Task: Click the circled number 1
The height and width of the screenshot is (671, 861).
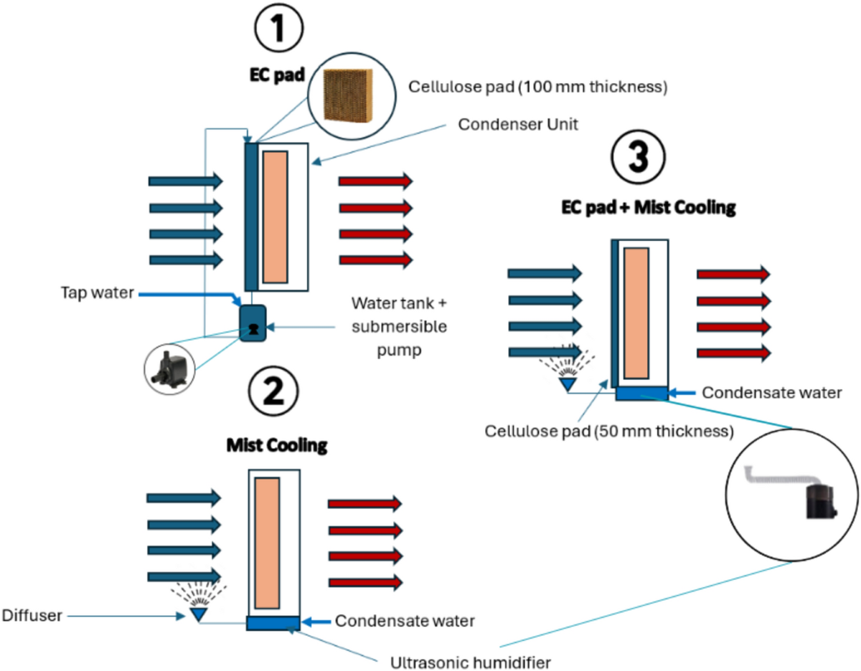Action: point(278,28)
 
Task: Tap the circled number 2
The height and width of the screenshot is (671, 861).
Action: point(273,391)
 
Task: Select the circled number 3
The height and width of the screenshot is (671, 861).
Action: point(638,157)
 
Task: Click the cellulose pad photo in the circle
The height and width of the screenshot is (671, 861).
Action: point(348,96)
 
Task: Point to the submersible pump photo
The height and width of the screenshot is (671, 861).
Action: point(170,369)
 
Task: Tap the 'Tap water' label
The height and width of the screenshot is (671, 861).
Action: point(98,293)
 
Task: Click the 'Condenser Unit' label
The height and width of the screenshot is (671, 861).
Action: point(518,124)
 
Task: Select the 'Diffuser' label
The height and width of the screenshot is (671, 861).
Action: point(32,616)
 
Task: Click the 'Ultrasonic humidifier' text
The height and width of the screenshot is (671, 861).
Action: point(470,662)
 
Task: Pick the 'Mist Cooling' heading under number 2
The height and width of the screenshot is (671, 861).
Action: point(277,445)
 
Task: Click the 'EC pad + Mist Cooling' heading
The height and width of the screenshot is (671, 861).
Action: point(649,207)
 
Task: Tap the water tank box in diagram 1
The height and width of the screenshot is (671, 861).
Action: point(253,323)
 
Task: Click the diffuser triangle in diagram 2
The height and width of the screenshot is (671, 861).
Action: point(198,614)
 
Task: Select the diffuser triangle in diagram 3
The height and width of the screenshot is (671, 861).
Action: point(568,384)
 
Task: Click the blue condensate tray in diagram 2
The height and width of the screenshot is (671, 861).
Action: point(273,623)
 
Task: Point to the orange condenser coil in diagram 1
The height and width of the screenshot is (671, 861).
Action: point(276,217)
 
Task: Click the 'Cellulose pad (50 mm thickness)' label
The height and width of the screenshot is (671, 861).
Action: point(609,431)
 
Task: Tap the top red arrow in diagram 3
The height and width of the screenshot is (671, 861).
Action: point(733,274)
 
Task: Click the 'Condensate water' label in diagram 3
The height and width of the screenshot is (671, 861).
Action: point(772,393)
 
